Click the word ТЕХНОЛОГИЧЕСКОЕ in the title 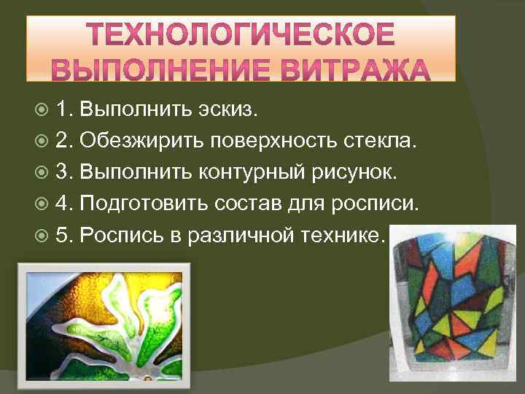pyautogui.click(x=241, y=35)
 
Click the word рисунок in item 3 pyautogui.click(x=352, y=171)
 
